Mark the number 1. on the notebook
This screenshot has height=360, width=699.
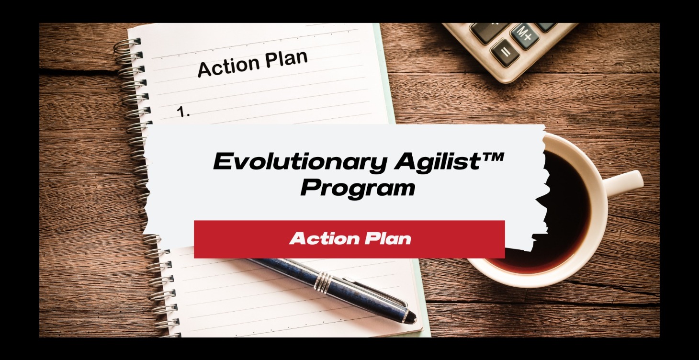(183, 112)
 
